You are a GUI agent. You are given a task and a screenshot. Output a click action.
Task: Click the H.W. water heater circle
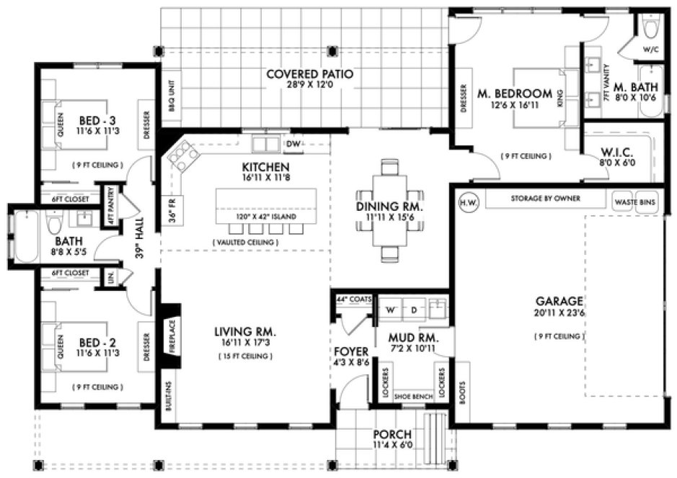[466, 202]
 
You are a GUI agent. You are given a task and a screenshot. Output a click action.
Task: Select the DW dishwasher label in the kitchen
[293, 144]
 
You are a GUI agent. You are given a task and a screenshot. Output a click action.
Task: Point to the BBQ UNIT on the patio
[172, 93]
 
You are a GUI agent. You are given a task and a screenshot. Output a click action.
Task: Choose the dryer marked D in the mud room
[414, 310]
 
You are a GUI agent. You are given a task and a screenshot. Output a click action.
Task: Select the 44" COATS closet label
[353, 298]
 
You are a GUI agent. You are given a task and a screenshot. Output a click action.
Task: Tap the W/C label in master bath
[650, 50]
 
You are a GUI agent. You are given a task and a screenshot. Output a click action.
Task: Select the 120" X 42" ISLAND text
[266, 217]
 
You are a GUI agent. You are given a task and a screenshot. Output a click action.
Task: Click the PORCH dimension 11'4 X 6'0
[392, 446]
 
